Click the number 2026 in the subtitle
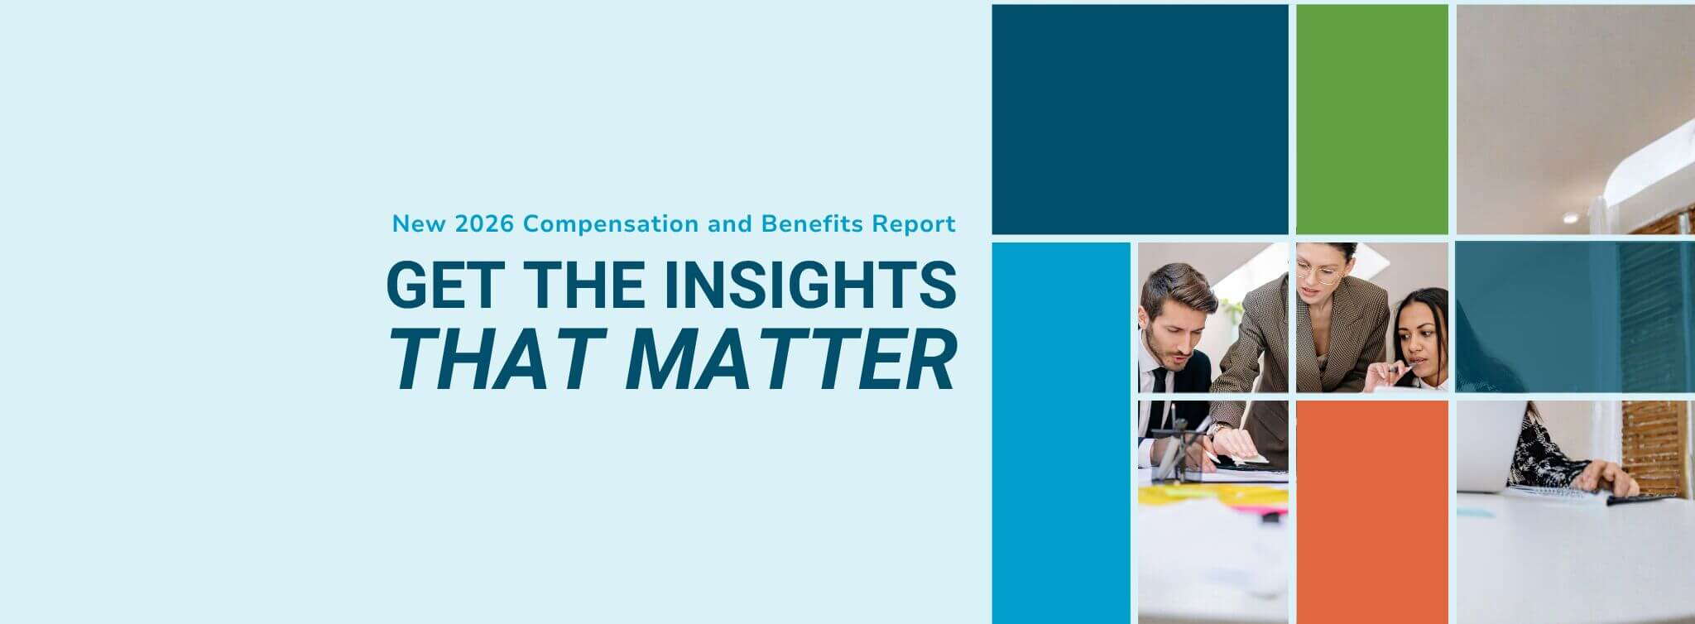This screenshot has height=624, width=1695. point(485,223)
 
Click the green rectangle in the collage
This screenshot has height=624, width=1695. point(1371,119)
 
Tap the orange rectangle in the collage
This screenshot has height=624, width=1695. point(1371,511)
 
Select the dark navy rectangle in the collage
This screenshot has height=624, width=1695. point(1140,119)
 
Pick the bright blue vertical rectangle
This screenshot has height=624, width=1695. point(1061,432)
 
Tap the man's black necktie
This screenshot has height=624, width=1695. point(1160,380)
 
